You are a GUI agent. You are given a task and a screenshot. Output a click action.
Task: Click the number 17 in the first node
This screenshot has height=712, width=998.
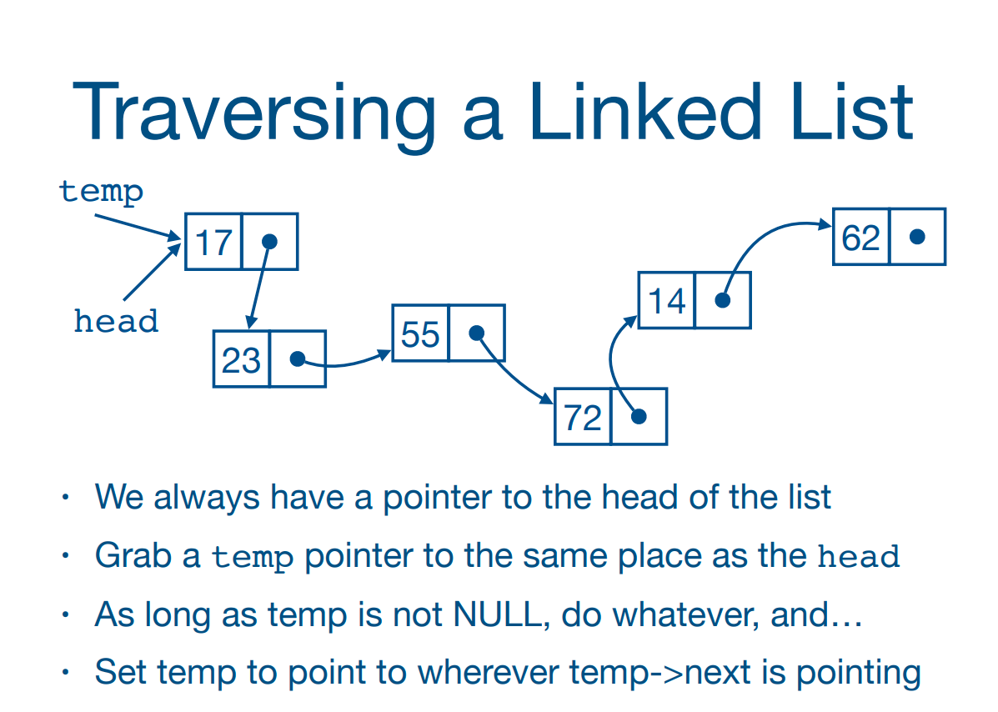click(213, 243)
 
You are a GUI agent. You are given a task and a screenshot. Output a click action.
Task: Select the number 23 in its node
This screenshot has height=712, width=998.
click(241, 360)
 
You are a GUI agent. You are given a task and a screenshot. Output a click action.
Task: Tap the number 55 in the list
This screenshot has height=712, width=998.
click(420, 334)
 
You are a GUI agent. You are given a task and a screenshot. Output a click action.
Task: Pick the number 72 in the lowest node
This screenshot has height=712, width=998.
click(583, 417)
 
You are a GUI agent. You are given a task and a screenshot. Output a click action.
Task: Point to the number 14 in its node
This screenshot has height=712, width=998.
click(667, 301)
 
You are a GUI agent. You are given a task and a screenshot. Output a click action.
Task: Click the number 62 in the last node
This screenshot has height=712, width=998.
click(861, 238)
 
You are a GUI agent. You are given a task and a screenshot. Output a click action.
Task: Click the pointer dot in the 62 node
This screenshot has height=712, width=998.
click(917, 237)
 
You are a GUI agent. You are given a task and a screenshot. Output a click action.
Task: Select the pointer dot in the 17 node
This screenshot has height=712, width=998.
click(268, 242)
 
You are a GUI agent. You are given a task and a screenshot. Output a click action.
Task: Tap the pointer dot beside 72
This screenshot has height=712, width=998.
click(639, 416)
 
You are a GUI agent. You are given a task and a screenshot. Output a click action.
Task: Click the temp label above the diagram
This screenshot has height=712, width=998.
click(102, 191)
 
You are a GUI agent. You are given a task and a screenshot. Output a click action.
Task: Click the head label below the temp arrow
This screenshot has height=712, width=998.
click(116, 321)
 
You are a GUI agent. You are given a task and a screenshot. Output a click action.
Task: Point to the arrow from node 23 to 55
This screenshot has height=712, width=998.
click(346, 362)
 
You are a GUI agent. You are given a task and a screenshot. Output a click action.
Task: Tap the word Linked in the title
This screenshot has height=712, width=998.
click(645, 113)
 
